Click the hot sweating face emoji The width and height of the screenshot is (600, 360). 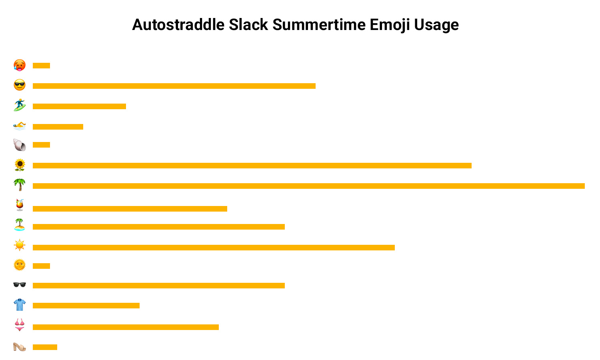click(x=20, y=65)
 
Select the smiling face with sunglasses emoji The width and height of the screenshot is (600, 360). click(x=20, y=85)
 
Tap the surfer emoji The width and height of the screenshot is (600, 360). click(x=20, y=105)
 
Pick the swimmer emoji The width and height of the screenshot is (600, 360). click(x=20, y=126)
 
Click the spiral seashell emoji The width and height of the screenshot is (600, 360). click(x=20, y=145)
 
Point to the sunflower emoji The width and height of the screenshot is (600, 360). click(x=20, y=165)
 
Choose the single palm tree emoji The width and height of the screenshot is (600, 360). click(x=20, y=185)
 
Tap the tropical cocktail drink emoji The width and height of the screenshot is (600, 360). click(x=20, y=205)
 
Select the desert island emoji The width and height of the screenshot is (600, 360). click(x=20, y=225)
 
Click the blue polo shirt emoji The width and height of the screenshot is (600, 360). click(x=20, y=304)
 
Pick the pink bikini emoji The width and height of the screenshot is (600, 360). click(x=20, y=325)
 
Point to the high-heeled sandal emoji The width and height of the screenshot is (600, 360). click(x=20, y=347)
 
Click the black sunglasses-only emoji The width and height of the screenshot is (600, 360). click(x=20, y=284)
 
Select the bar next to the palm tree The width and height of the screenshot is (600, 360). click(x=308, y=186)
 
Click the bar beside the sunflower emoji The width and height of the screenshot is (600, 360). click(x=252, y=166)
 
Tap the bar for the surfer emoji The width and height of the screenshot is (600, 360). click(x=79, y=106)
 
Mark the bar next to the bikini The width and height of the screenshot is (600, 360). click(x=126, y=327)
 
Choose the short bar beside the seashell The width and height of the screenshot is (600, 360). click(x=41, y=145)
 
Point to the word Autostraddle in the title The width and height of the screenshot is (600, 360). click(x=178, y=25)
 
